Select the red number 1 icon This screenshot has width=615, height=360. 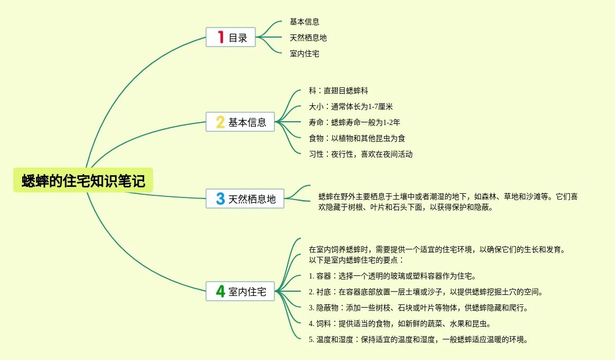point(221,37)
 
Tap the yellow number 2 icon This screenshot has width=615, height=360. point(220,122)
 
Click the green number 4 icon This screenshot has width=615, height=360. point(220,291)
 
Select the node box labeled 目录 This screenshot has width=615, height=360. point(231,38)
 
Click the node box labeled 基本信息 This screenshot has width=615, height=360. point(240,122)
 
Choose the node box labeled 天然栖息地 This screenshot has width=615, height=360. point(245,199)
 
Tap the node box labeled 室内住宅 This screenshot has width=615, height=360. point(240,291)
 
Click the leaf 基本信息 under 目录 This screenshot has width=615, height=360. point(305,22)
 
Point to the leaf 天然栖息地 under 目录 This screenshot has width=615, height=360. point(308,38)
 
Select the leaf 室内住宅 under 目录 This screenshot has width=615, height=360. point(305,53)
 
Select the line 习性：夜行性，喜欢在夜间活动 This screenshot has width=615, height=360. point(361,154)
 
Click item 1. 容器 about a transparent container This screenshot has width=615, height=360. point(393,276)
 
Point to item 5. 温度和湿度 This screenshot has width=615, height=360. point(418,339)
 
